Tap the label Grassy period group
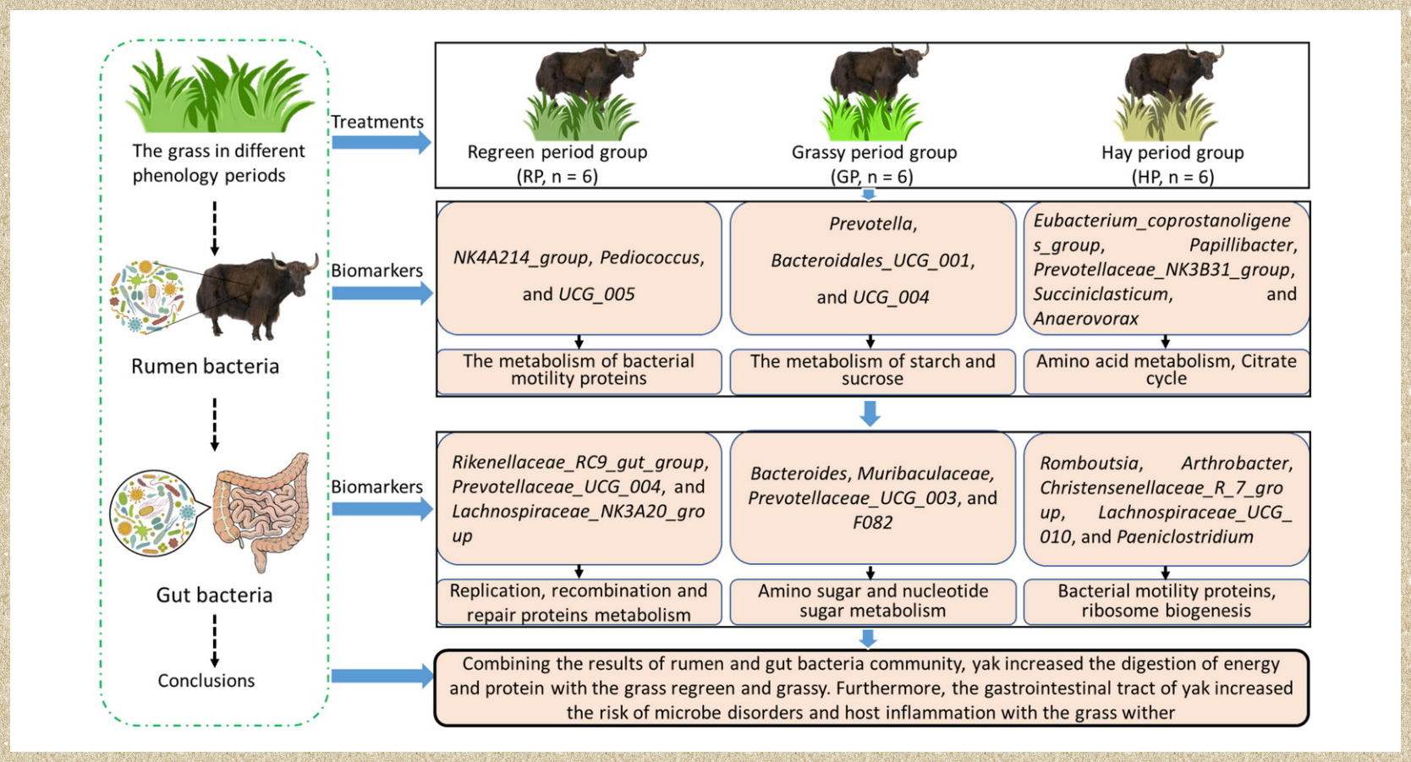[x=874, y=152]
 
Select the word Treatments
[x=377, y=122]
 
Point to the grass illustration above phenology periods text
[x=218, y=93]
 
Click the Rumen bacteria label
[x=205, y=366]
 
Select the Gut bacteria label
[x=214, y=595]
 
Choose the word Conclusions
[x=206, y=681]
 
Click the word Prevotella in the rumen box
[x=872, y=224]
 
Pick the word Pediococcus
[x=651, y=258]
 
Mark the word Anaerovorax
[x=1085, y=319]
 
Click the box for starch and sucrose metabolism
[x=872, y=370]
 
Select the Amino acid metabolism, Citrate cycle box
[x=1166, y=370]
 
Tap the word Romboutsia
[x=1090, y=463]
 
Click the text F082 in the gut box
[x=872, y=523]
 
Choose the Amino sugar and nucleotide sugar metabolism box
[x=872, y=601]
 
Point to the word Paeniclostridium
[x=1184, y=537]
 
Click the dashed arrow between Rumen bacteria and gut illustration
[x=215, y=425]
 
